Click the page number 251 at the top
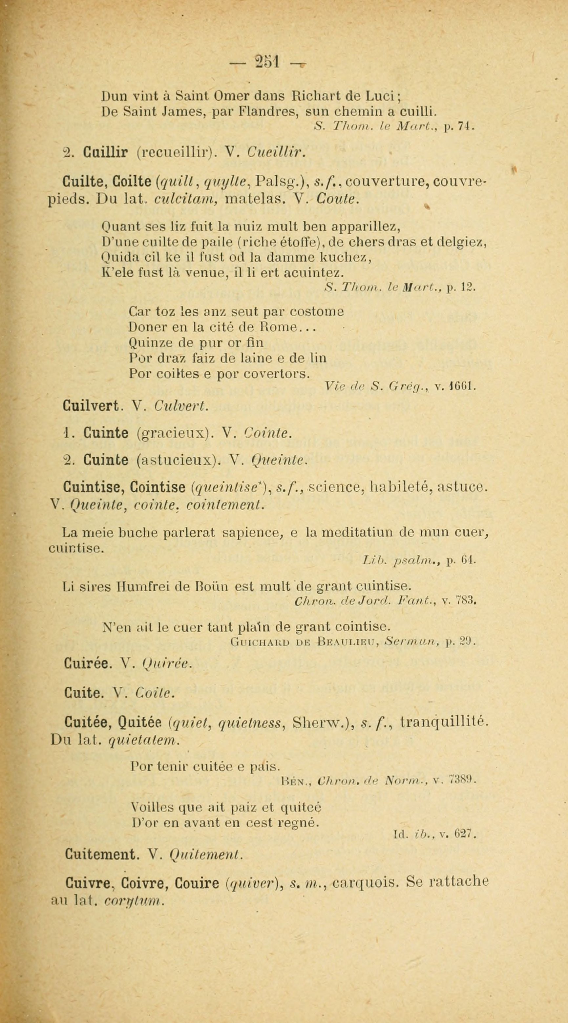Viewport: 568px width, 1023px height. tap(268, 62)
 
